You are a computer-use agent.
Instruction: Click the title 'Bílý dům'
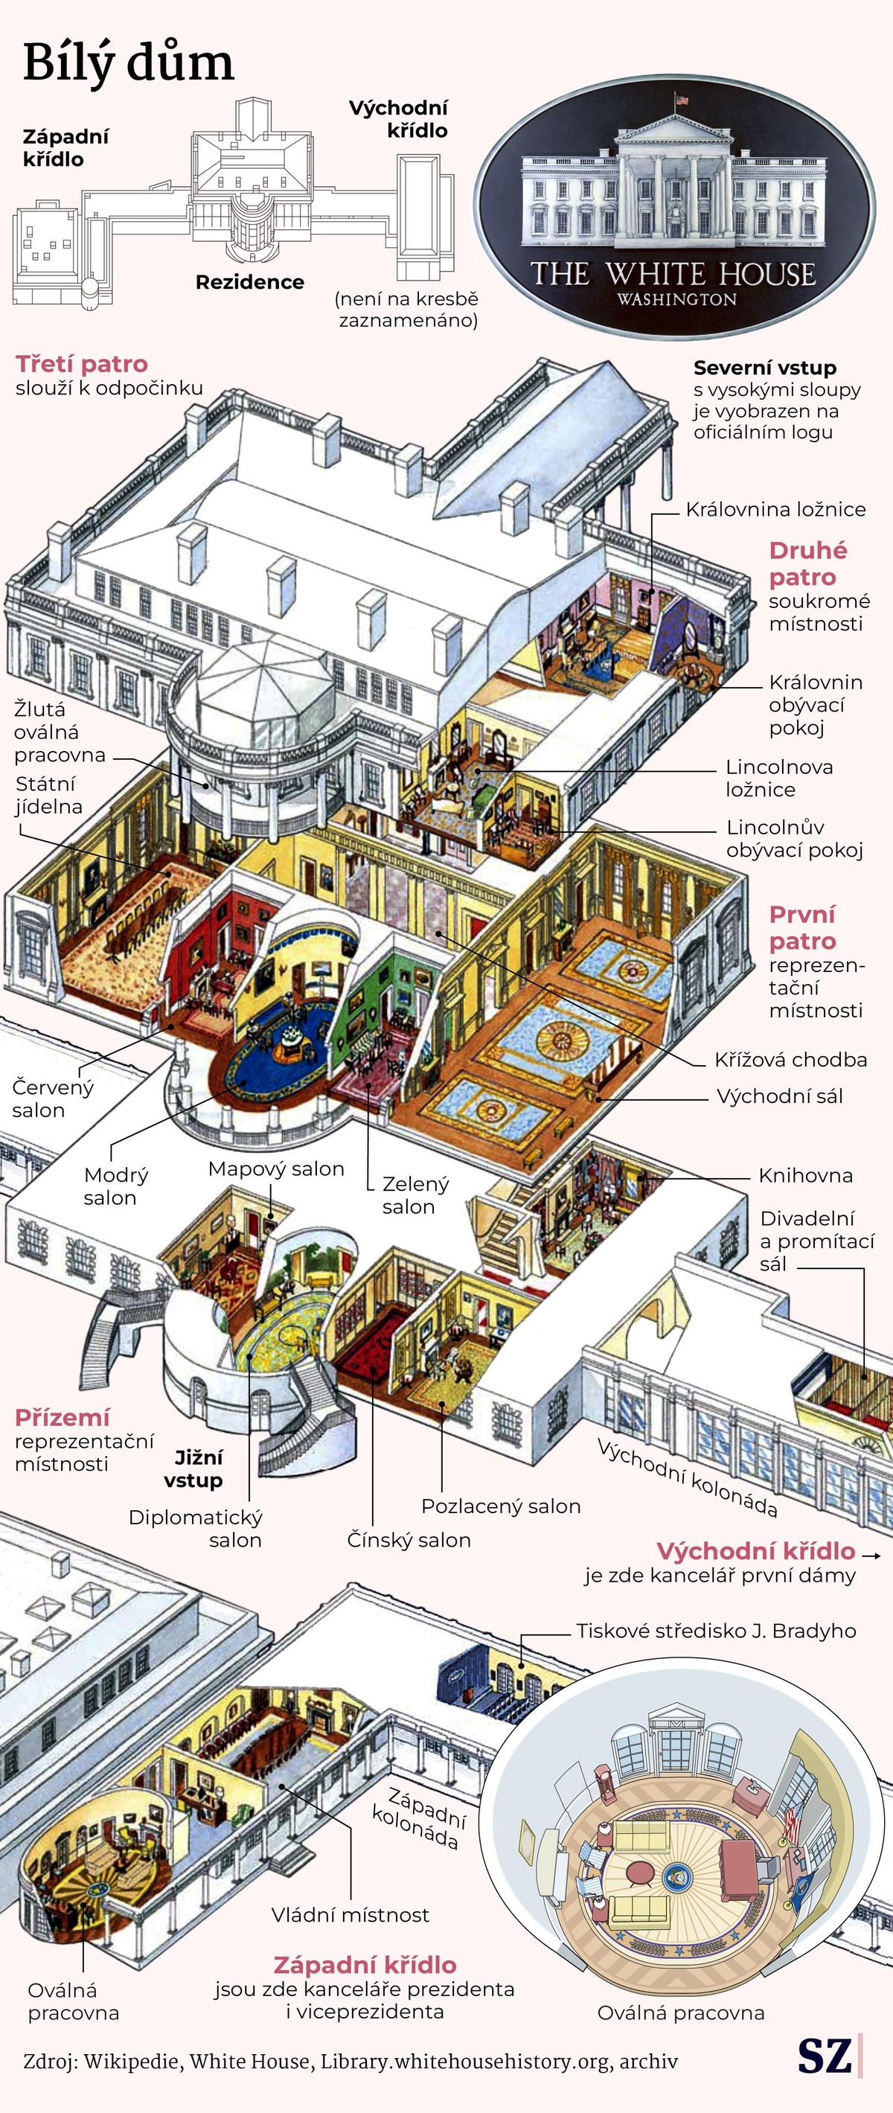[x=129, y=63]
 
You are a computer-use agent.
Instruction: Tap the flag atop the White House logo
[x=682, y=99]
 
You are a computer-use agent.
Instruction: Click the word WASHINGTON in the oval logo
[x=677, y=299]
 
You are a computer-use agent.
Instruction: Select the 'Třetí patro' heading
[x=82, y=364]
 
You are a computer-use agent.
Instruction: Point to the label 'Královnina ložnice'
[x=775, y=509]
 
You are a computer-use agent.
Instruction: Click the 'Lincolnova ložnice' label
[x=779, y=779]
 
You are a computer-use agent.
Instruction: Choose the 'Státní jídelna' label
[x=49, y=795]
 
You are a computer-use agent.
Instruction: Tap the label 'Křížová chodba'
[x=790, y=1060]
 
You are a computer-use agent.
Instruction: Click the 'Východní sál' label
[x=780, y=1096]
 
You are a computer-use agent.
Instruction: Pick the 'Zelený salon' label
[x=415, y=1195]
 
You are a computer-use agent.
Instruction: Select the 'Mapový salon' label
[x=276, y=1169]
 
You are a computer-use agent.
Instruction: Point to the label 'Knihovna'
[x=805, y=1175]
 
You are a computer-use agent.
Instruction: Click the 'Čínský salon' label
[x=409, y=1540]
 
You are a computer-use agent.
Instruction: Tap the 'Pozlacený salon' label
[x=501, y=1506]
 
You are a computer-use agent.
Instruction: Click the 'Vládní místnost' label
[x=351, y=1914]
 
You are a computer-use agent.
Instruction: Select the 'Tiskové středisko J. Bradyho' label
[x=716, y=1631]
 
